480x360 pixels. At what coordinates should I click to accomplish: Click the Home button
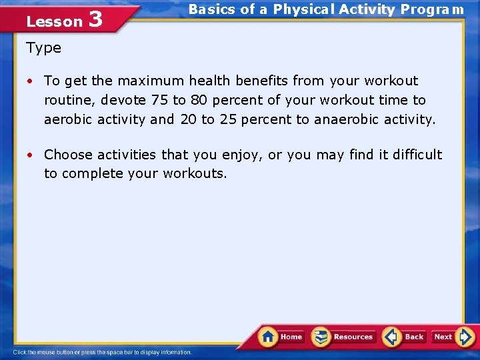(282, 337)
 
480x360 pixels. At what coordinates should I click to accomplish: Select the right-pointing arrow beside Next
(465, 337)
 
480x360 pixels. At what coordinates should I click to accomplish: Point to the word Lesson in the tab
(54, 21)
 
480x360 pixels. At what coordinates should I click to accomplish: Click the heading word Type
(44, 48)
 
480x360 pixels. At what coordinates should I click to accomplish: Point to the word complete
(93, 174)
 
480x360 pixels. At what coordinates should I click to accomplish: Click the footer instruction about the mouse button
(102, 352)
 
